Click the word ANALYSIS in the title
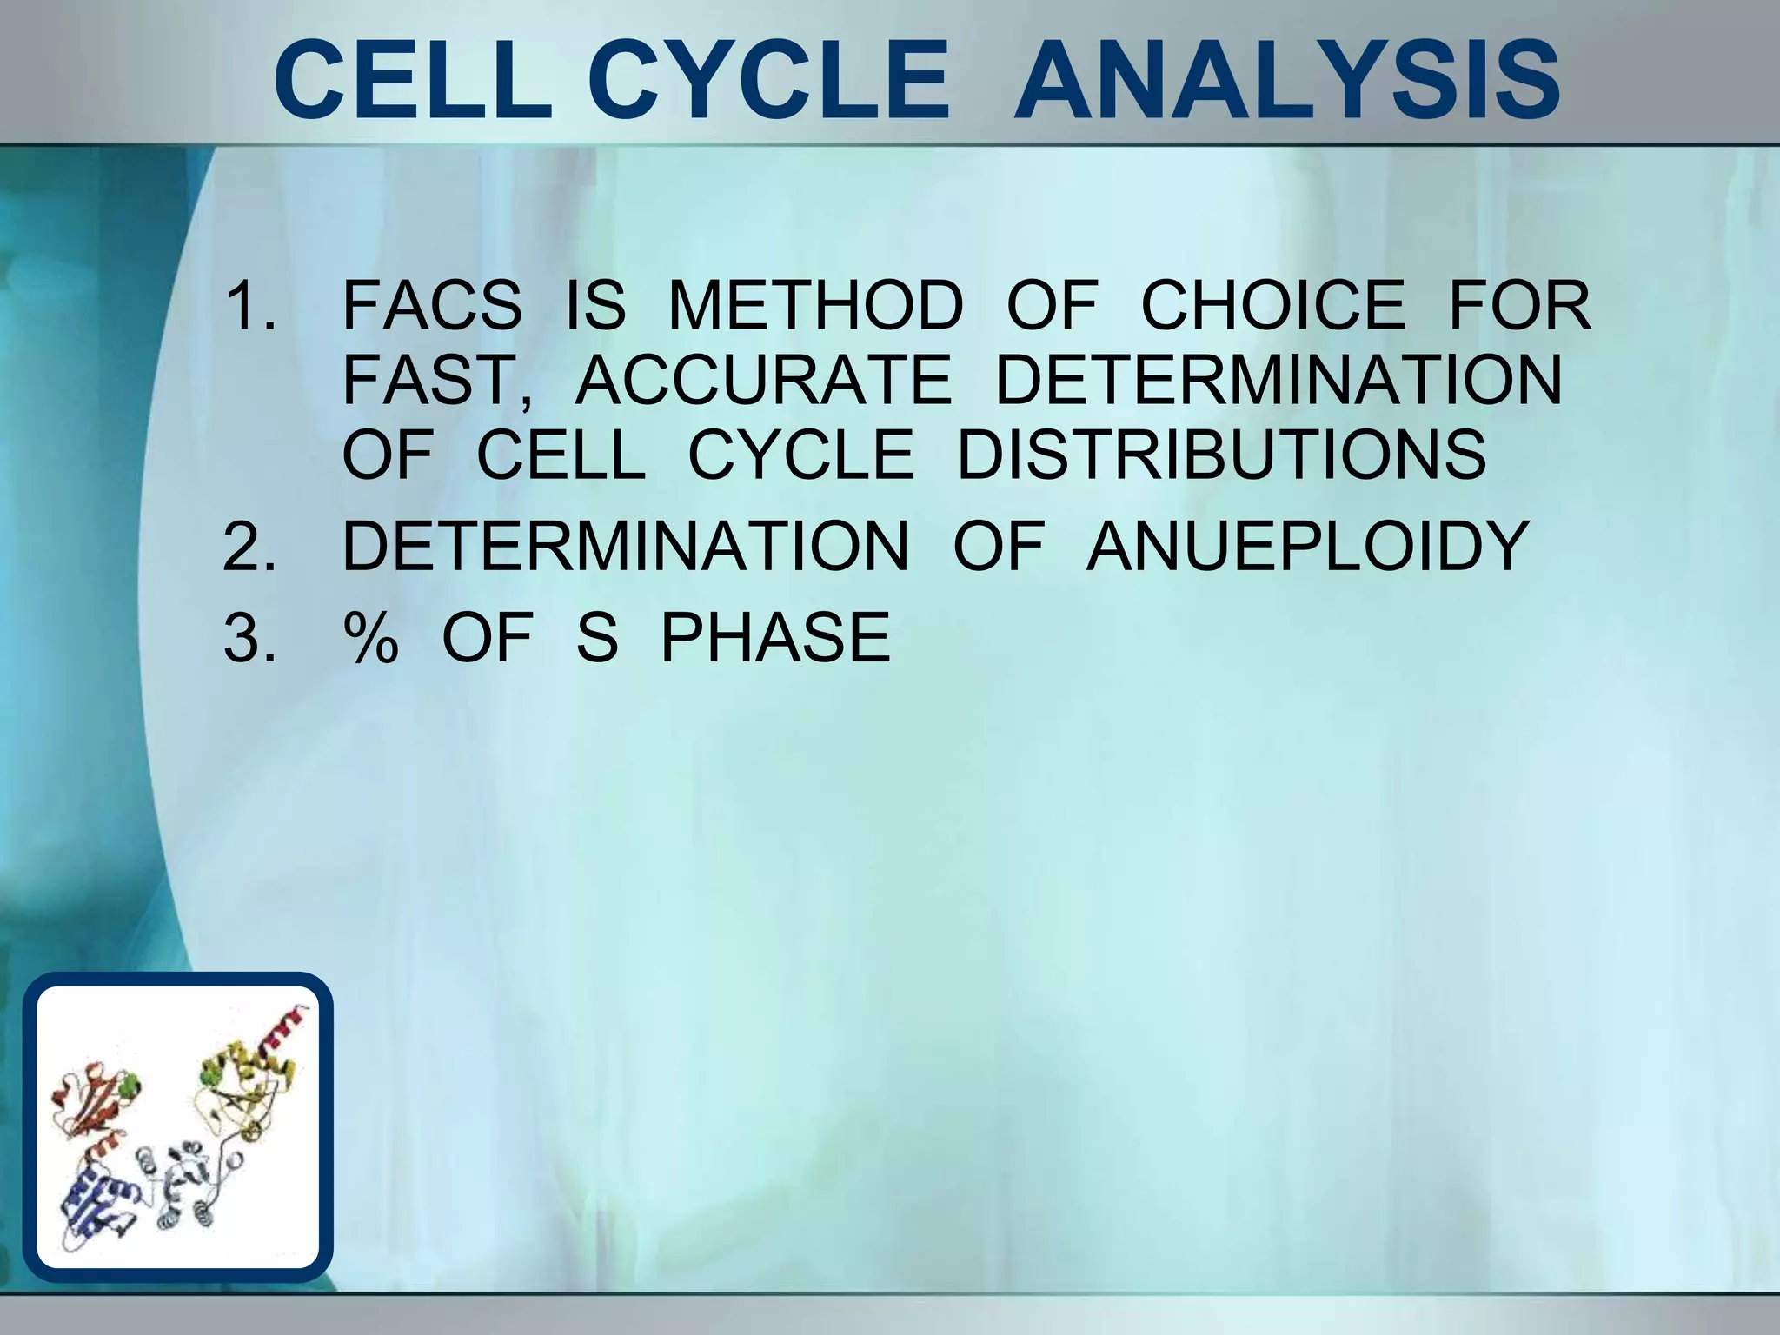(1286, 83)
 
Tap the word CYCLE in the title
(768, 83)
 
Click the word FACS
(432, 306)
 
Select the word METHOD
(815, 306)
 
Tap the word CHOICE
(1272, 306)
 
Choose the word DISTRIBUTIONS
(1222, 455)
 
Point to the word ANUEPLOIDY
(1308, 547)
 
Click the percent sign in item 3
(371, 638)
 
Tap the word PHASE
(775, 638)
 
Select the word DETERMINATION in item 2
(626, 547)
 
